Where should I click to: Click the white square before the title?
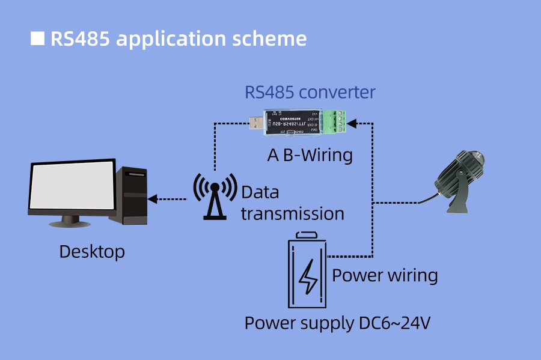click(x=37, y=38)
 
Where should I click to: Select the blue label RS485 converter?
click(x=310, y=93)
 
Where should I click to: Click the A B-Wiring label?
click(x=310, y=155)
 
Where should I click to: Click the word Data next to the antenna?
click(x=260, y=193)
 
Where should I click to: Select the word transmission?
click(x=293, y=213)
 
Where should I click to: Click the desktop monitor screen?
click(x=72, y=187)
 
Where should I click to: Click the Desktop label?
click(x=92, y=251)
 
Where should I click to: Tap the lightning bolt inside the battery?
click(x=309, y=276)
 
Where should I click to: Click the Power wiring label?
click(x=385, y=275)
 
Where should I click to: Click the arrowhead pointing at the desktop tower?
click(x=152, y=198)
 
